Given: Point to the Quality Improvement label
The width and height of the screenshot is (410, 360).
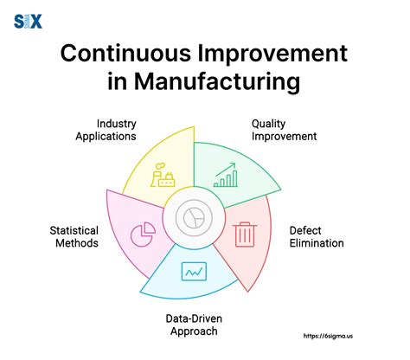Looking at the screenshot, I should click(284, 130).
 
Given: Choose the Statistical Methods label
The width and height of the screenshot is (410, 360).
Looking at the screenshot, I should click(74, 236).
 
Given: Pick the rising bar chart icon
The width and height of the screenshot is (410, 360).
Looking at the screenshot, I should click(227, 175).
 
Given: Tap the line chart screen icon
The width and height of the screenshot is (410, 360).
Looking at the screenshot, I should click(193, 272).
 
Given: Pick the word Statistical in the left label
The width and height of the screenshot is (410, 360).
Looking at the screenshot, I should click(74, 230).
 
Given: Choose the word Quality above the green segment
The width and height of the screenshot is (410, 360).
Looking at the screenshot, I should click(269, 124).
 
